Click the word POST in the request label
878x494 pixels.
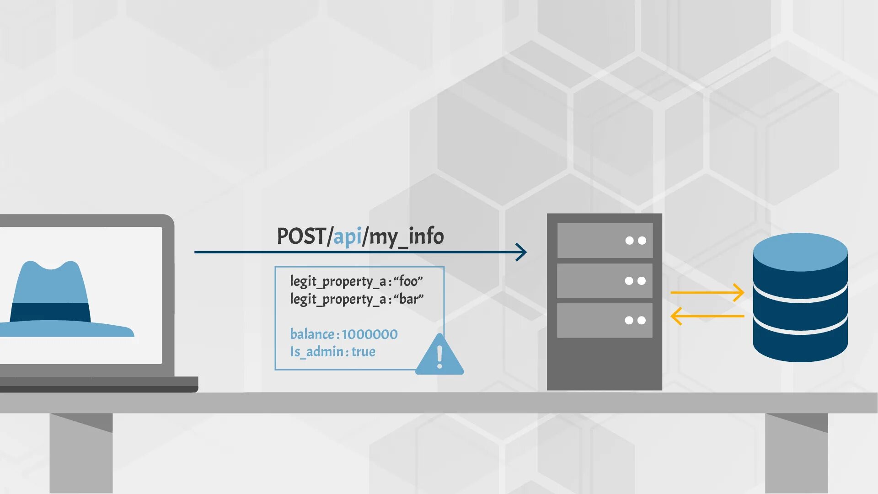click(x=301, y=236)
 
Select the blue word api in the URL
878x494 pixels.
click(x=347, y=237)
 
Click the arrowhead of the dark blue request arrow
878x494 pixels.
click(x=521, y=252)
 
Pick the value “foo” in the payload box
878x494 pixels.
click(x=408, y=281)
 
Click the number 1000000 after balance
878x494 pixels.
click(x=369, y=334)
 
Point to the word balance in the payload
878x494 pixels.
click(x=312, y=334)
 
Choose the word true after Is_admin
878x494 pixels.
click(x=363, y=352)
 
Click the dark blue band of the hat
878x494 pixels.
click(x=50, y=312)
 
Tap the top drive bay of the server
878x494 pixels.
click(x=605, y=241)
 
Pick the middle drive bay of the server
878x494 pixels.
click(x=605, y=281)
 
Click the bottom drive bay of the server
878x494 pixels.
click(x=605, y=320)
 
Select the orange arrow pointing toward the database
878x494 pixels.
click(x=707, y=292)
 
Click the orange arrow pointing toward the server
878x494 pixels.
click(x=707, y=316)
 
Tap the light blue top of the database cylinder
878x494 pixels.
click(x=800, y=252)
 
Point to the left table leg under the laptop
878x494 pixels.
click(x=81, y=453)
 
